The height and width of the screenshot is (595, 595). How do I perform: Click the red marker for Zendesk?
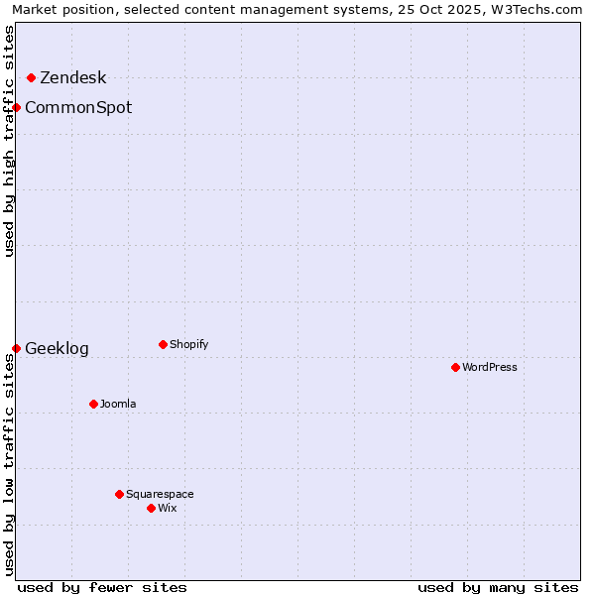[31, 77]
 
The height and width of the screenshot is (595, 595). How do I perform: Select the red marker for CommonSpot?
[17, 107]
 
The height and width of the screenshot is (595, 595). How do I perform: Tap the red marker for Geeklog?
[17, 348]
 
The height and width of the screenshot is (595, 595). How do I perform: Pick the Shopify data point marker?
[163, 344]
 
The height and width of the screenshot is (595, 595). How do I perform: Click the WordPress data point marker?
[455, 367]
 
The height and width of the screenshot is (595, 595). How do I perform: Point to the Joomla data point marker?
[93, 404]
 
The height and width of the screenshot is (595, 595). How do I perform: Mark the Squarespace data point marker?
[119, 494]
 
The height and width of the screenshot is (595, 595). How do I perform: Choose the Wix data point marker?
[151, 508]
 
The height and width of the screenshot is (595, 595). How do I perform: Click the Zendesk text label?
[72, 78]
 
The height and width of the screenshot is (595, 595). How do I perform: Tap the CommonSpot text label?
[78, 107]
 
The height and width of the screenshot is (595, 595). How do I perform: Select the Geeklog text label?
[57, 348]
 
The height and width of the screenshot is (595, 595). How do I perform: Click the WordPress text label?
[490, 367]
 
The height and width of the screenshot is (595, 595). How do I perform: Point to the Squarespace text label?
[160, 494]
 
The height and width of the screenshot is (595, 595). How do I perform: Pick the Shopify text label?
[188, 344]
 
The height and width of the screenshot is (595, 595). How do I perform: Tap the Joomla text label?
[118, 404]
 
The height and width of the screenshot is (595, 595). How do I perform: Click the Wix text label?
[168, 508]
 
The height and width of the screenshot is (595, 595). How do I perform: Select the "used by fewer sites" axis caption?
[102, 587]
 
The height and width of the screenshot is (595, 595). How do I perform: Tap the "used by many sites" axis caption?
[498, 587]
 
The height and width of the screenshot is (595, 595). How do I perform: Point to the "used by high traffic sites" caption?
[10, 141]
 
